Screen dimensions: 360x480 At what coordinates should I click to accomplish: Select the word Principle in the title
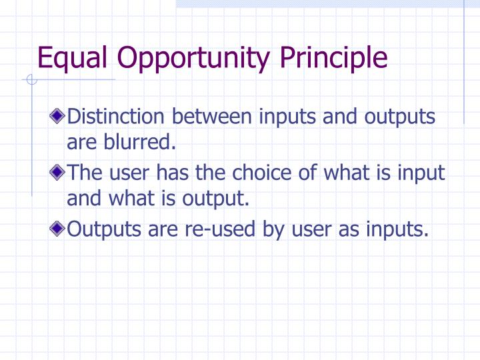pos(333,58)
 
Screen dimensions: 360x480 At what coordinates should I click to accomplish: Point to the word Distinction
pos(117,117)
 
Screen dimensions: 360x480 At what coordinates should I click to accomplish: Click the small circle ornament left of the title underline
pos(29,81)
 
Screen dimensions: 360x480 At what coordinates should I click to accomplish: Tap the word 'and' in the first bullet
pos(341,117)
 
